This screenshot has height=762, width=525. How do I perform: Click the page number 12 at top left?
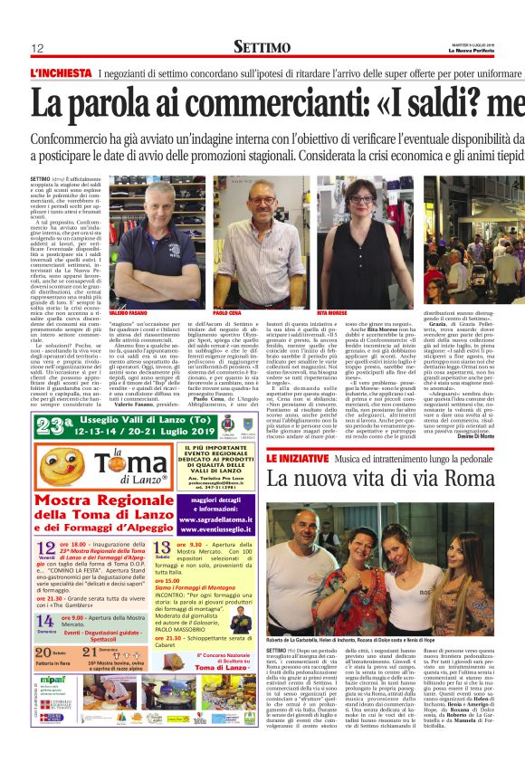pyautogui.click(x=38, y=48)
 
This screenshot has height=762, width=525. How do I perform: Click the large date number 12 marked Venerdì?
pyautogui.click(x=45, y=548)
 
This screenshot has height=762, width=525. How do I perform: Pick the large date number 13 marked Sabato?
pyautogui.click(x=163, y=548)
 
